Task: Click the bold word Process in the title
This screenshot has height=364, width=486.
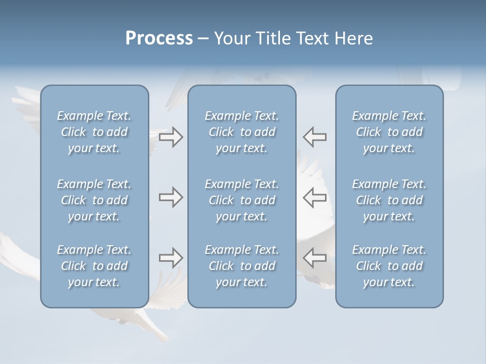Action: click(158, 38)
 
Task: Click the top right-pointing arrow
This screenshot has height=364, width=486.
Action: click(171, 137)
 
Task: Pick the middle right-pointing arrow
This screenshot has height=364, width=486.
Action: click(171, 197)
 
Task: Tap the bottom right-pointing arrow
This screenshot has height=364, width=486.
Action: click(171, 258)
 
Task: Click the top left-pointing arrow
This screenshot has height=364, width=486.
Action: click(314, 137)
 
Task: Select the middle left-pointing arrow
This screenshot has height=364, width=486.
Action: click(314, 197)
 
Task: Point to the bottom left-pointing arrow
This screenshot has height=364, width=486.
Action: click(314, 258)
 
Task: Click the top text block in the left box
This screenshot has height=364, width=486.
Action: click(94, 132)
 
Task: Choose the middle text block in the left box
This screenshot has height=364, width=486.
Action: click(94, 200)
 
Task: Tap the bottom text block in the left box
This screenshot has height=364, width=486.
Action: click(94, 266)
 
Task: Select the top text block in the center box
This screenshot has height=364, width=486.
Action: click(241, 132)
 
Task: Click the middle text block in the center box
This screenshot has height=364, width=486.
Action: click(241, 200)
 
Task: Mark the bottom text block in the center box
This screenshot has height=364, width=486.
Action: click(241, 266)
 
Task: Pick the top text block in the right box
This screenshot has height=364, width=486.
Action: click(389, 132)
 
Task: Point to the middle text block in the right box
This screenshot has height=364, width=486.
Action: click(389, 200)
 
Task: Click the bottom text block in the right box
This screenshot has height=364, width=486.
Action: click(389, 266)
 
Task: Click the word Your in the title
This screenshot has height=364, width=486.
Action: click(230, 38)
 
